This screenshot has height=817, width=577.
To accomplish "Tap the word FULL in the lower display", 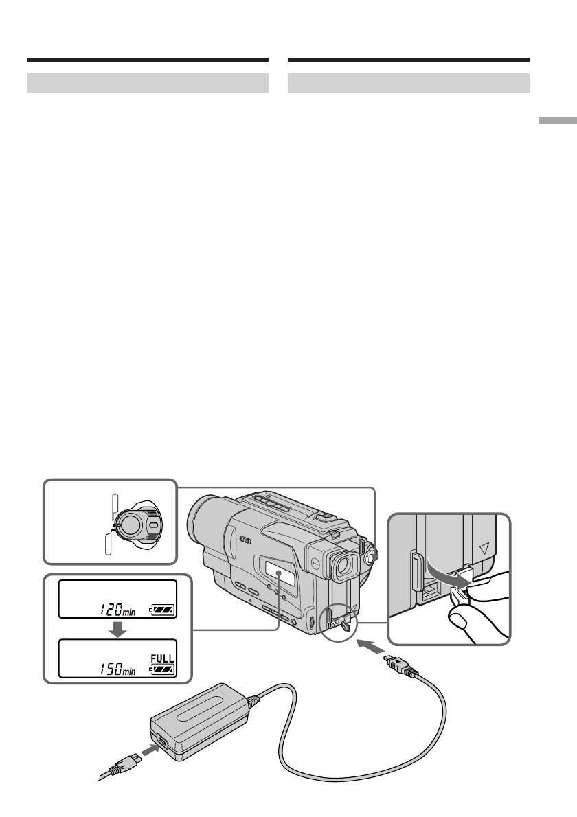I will tap(161, 657).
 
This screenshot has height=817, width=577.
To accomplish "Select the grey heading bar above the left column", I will tap(148, 84).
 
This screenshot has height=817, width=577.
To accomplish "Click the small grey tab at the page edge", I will tap(558, 121).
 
